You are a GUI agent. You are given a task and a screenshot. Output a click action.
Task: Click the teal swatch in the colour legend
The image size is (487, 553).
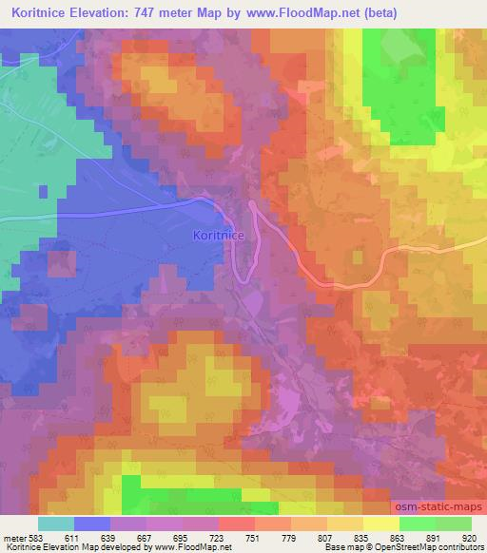tap(55, 524)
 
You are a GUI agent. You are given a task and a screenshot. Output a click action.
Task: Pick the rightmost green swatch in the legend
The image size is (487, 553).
tap(453, 524)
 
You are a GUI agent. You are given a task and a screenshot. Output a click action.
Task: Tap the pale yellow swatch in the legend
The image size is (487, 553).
tap(380, 524)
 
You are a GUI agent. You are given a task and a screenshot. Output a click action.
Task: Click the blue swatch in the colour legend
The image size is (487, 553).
tap(91, 524)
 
